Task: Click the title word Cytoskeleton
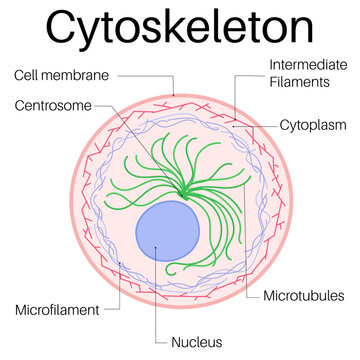click(180, 28)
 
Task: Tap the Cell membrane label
click(61, 74)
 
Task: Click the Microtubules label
click(303, 296)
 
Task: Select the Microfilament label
click(57, 310)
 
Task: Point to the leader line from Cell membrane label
click(140, 75)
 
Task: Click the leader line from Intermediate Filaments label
click(245, 80)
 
